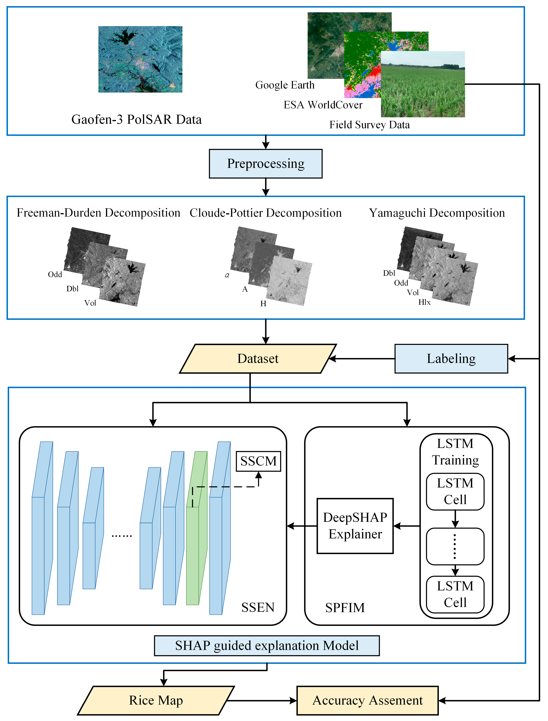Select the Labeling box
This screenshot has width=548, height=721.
[451, 359]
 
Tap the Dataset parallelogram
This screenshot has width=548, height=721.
[258, 359]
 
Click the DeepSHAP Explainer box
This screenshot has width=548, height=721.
[355, 526]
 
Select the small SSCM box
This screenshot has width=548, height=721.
[258, 461]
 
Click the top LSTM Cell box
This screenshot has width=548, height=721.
[455, 491]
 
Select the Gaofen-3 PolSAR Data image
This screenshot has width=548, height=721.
[140, 59]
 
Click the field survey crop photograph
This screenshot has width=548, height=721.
[423, 84]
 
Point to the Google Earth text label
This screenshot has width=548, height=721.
[285, 85]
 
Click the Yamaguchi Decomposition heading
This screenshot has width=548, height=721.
[437, 213]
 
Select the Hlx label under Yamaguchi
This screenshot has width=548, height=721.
[424, 302]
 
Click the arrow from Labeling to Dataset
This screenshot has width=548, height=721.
[362, 359]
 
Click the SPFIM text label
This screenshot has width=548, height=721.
[345, 607]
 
